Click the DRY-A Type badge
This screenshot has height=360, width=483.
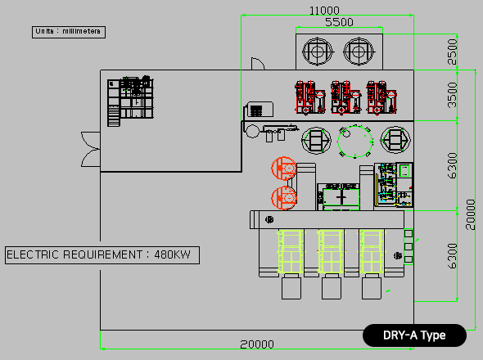pyautogui.click(x=414, y=335)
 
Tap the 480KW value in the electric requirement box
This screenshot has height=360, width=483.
pyautogui.click(x=172, y=254)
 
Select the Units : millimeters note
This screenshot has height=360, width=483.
pyautogui.click(x=69, y=32)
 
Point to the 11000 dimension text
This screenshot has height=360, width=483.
pyautogui.click(x=324, y=11)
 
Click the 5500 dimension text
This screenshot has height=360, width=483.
pyautogui.click(x=339, y=22)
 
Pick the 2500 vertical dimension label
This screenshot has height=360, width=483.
pyautogui.click(x=452, y=52)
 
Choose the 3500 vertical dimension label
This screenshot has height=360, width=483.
pyautogui.click(x=452, y=95)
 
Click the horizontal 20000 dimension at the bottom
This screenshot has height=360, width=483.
pyautogui.click(x=257, y=344)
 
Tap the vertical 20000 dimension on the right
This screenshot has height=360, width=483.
pyautogui.click(x=471, y=214)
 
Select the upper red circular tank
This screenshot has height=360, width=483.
pyautogui.click(x=284, y=169)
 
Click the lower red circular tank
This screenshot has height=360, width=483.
pyautogui.click(x=284, y=198)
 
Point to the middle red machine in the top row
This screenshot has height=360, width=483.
pyautogui.click(x=345, y=97)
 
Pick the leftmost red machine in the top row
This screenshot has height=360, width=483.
pyautogui.click(x=310, y=97)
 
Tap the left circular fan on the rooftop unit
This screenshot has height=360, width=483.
pyautogui.click(x=318, y=52)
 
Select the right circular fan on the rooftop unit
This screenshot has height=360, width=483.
pyautogui.click(x=359, y=52)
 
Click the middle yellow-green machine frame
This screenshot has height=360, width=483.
pyautogui.click(x=331, y=252)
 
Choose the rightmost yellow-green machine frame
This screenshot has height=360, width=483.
pyautogui.click(x=372, y=252)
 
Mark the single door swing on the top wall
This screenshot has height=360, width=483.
pyautogui.click(x=258, y=64)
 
